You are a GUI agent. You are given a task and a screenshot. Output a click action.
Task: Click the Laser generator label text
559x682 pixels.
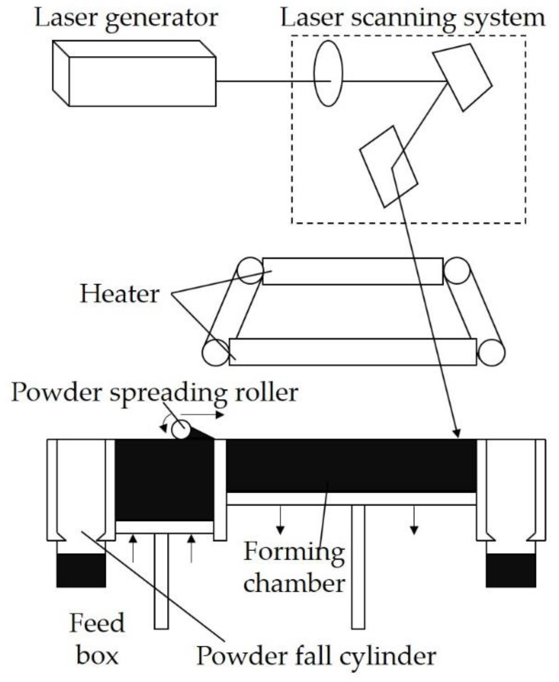(x=126, y=18)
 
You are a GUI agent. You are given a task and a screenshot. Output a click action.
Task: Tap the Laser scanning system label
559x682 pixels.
(x=412, y=18)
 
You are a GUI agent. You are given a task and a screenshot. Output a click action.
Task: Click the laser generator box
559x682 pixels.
(x=142, y=81)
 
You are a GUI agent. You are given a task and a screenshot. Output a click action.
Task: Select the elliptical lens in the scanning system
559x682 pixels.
(x=328, y=73)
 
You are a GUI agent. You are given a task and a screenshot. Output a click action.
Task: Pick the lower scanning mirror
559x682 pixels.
(x=389, y=167)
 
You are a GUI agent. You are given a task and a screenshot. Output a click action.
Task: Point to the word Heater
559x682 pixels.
(x=119, y=294)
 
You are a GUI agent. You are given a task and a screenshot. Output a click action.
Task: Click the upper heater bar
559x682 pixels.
(x=353, y=271)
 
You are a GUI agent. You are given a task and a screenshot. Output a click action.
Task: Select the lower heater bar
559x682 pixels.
(x=353, y=352)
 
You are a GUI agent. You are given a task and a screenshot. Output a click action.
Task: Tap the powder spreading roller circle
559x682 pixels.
(x=181, y=430)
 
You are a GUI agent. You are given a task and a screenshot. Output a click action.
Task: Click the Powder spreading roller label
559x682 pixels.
(x=155, y=392)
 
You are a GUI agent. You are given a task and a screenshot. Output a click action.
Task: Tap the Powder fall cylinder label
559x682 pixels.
(x=316, y=656)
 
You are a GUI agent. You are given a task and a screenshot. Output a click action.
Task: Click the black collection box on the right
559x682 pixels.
(x=511, y=570)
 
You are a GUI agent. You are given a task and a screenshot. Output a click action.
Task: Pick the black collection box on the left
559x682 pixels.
(x=81, y=570)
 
